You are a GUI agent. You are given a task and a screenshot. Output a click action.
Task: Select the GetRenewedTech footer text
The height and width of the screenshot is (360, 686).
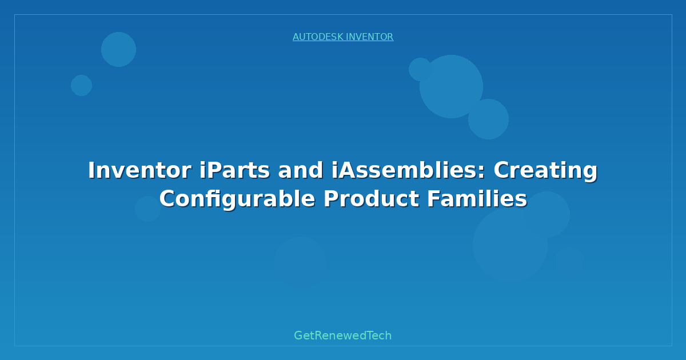click(x=342, y=335)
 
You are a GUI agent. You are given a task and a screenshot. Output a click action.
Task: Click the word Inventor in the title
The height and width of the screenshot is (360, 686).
click(x=139, y=170)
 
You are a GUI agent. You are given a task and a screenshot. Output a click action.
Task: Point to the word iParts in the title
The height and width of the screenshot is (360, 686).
click(x=234, y=170)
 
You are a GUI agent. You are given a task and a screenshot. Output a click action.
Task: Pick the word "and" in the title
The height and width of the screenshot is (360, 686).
click(x=300, y=170)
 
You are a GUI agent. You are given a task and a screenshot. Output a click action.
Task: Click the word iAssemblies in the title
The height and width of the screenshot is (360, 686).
click(x=404, y=170)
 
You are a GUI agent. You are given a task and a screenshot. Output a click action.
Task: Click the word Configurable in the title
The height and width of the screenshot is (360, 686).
click(x=237, y=199)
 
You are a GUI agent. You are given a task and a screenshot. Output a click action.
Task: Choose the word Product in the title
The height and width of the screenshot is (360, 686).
click(x=371, y=199)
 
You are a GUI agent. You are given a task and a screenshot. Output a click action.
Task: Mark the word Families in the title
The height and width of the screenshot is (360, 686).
click(x=477, y=199)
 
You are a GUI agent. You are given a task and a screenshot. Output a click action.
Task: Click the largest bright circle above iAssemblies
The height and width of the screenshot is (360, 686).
click(x=451, y=87)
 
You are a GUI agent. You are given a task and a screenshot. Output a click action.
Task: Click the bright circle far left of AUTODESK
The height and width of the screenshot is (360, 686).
click(x=118, y=49)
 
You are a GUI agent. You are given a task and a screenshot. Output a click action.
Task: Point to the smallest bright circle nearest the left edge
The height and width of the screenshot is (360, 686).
click(x=81, y=85)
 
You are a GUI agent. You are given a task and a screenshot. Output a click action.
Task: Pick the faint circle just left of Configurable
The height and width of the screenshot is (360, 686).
click(x=147, y=209)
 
